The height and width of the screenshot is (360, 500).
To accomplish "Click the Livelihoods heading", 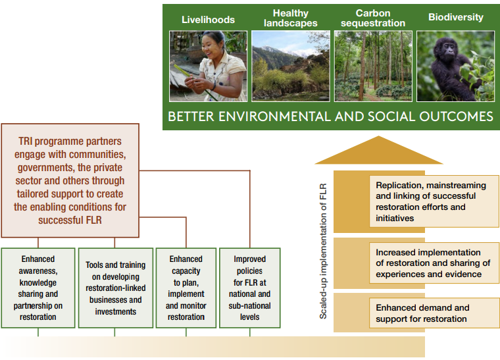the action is [208, 20].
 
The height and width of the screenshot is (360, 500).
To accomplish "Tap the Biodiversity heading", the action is [456, 17].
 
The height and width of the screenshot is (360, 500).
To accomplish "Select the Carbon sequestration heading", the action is [373, 18].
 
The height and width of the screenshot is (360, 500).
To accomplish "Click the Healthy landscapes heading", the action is [291, 18].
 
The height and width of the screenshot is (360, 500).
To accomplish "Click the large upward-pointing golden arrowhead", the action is [379, 150].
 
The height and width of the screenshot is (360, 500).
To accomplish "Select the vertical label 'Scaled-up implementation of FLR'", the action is [323, 251].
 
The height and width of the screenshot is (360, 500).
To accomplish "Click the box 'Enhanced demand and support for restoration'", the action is [434, 313].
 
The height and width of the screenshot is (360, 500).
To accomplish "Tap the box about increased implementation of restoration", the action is [434, 263].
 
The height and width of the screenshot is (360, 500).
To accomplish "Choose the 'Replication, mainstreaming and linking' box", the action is [434, 201].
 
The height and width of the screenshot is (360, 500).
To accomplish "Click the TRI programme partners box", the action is [70, 180].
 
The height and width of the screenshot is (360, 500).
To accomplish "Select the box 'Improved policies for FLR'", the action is [250, 288].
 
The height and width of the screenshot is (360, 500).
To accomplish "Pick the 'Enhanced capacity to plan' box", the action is [186, 288].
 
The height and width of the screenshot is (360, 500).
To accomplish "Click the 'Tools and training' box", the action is [115, 288].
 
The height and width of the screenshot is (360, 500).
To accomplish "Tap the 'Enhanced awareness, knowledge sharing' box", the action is [38, 288].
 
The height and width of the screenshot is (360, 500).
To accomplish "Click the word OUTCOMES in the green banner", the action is [457, 116].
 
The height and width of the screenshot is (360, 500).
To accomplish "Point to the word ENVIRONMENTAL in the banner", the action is [274, 116].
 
